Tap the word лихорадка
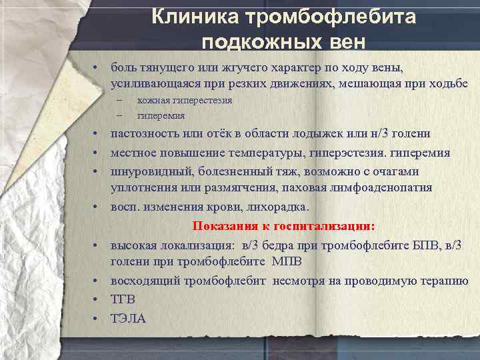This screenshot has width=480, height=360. tap(261, 206)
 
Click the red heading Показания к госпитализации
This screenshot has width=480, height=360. tap(283, 225)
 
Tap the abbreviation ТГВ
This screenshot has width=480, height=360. tap(123, 299)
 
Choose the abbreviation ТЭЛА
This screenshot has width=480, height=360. tap(128, 319)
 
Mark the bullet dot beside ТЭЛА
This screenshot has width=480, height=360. tap(97, 319)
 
